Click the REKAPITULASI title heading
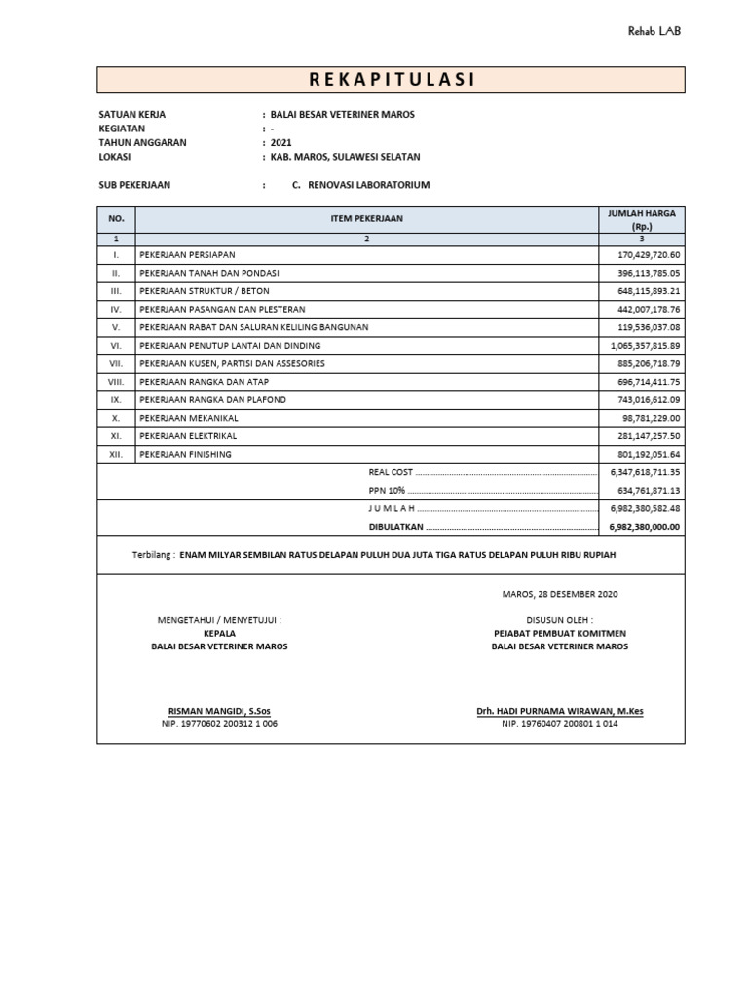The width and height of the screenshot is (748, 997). (391, 80)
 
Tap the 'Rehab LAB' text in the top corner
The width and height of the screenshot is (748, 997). (654, 31)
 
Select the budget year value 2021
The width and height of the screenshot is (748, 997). (281, 142)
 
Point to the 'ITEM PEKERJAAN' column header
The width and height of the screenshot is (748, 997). (365, 219)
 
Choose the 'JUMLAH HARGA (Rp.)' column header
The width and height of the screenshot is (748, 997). (641, 219)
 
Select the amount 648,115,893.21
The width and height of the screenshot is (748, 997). (643, 291)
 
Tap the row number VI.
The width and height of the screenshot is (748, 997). (116, 346)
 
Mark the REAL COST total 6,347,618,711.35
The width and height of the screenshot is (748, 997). (644, 472)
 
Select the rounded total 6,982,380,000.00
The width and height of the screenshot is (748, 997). (644, 527)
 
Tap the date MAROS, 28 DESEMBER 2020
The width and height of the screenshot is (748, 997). (559, 594)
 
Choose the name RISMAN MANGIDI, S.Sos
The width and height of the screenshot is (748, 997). (219, 712)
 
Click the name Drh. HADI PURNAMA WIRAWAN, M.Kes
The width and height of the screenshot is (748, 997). (559, 712)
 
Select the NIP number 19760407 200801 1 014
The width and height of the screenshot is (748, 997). (559, 725)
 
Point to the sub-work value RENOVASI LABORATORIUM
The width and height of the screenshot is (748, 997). (368, 184)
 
